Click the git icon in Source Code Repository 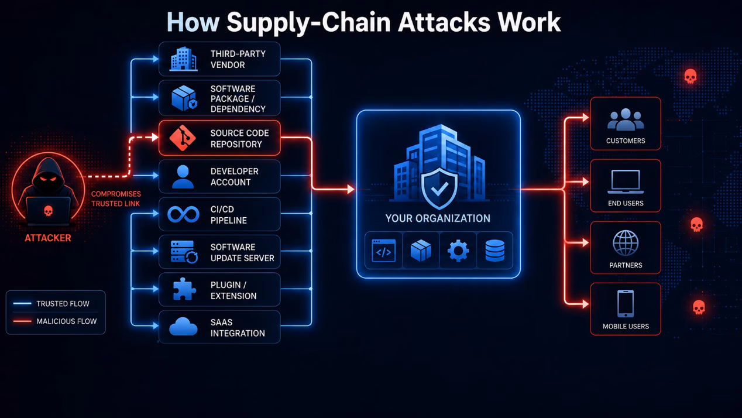183,138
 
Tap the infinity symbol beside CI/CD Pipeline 183,214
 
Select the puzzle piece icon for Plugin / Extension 184,289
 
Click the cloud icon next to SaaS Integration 183,327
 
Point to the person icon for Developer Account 183,177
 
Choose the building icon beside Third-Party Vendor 184,59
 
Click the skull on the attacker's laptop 49,211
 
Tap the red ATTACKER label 48,238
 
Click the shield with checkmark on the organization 439,189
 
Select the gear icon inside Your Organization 458,251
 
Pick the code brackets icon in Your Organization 384,251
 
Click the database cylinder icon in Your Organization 495,251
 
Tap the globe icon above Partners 626,243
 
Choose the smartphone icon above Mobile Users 626,304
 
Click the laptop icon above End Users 626,181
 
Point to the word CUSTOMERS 626,141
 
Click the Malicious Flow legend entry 55,321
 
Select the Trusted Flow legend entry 51,304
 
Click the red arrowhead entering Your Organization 351,189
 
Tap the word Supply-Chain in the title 308,23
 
